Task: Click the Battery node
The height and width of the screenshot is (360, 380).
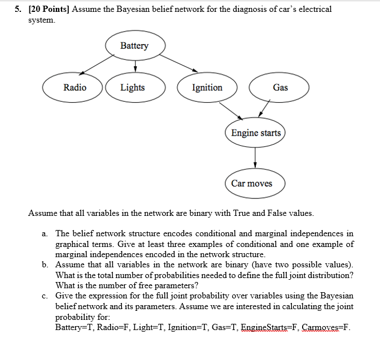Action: coord(134,46)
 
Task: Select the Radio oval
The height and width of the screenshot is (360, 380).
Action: coord(75,88)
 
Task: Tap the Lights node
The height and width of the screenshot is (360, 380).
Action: coord(133,88)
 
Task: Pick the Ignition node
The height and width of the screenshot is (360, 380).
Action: coord(207,88)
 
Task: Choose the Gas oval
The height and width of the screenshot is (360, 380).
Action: coord(280,88)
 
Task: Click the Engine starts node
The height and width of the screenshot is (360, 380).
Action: coord(256,133)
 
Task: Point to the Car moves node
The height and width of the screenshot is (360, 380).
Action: coord(252,184)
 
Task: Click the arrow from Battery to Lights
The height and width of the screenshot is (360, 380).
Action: coord(136,66)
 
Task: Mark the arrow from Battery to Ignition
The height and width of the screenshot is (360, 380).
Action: coord(180,64)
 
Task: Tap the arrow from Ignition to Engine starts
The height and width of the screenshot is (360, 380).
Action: coord(230,110)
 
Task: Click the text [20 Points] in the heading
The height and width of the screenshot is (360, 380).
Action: coord(49,10)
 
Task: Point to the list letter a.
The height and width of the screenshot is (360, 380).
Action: coord(45,233)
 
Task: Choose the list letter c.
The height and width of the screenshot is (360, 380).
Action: coord(45,296)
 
